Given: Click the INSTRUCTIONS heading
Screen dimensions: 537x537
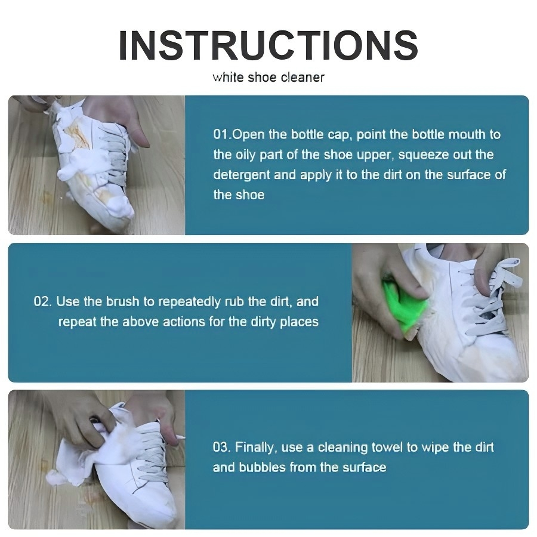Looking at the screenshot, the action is (268, 45).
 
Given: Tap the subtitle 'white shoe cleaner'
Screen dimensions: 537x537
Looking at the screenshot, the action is (268, 78).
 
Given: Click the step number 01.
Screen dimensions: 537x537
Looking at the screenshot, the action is (221, 134).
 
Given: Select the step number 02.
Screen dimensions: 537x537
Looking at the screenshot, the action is (42, 301).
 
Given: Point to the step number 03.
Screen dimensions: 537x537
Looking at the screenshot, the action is (221, 447).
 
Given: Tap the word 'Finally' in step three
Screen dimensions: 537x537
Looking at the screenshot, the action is (256, 447).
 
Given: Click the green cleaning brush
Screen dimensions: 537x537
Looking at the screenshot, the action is (404, 306).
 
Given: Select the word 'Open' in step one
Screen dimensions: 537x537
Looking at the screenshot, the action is (248, 135).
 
